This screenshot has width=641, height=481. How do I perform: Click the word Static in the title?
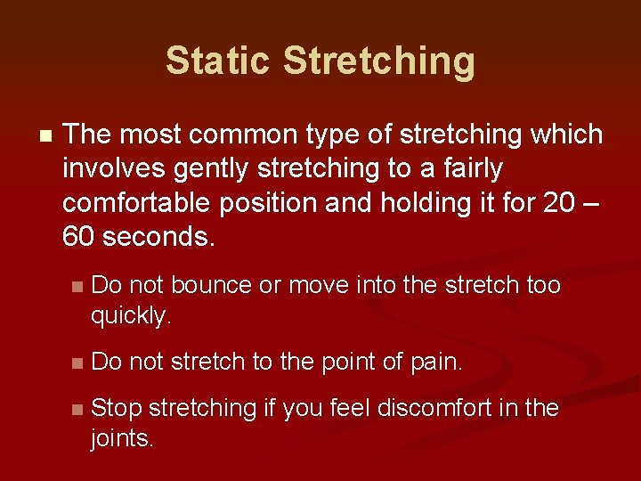(x=217, y=61)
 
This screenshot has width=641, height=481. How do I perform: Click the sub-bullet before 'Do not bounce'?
(x=77, y=287)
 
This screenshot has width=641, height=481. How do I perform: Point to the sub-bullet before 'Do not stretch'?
(x=77, y=363)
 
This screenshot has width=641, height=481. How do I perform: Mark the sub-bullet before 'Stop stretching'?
(x=77, y=410)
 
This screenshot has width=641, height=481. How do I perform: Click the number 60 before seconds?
(x=79, y=237)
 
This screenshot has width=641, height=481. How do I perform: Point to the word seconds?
(x=159, y=237)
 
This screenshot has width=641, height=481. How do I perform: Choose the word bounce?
(x=212, y=285)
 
